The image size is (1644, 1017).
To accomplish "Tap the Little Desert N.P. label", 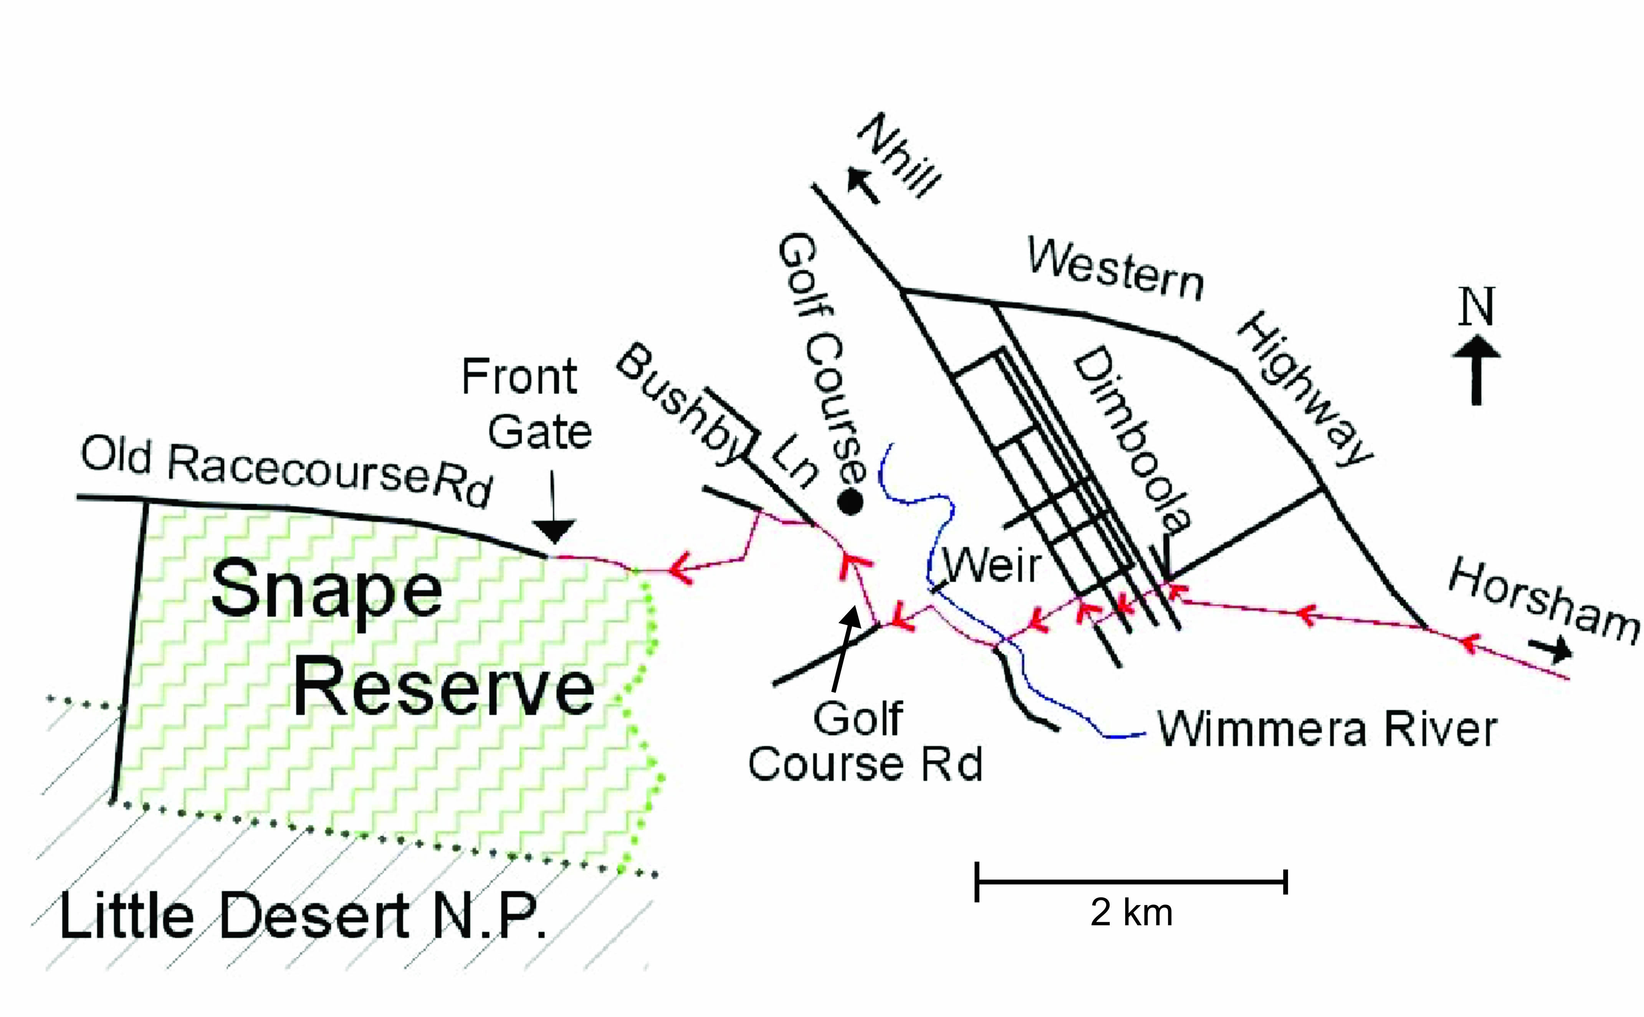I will coord(303,916).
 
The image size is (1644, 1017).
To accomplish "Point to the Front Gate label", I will coord(525,404).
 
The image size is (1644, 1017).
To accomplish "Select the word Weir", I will coord(992,565).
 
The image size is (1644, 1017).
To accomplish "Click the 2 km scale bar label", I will coord(1131,913).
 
